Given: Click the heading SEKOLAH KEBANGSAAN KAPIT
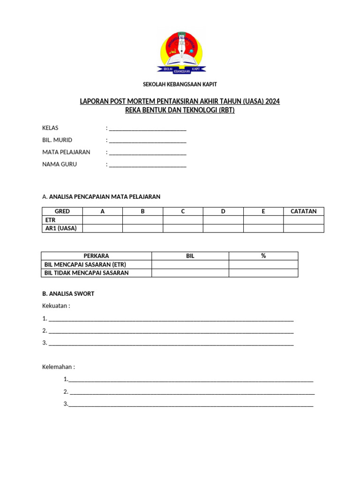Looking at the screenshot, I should [180, 84].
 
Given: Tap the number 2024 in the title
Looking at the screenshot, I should [272, 101].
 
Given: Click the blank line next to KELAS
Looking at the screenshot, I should [148, 128].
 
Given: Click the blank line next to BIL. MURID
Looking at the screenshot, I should [148, 140].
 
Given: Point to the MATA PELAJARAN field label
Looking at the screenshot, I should [66, 152].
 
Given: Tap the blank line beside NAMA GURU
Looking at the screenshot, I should [148, 165].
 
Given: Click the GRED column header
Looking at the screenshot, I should [62, 211].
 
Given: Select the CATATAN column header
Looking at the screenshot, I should [303, 211].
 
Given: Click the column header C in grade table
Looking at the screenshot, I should [183, 211].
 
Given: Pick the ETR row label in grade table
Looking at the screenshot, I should [50, 220].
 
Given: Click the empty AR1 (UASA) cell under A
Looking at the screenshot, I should [103, 228].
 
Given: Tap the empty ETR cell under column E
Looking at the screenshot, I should [263, 220].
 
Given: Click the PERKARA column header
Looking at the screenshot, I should [96, 256].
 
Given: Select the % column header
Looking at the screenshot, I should [263, 256].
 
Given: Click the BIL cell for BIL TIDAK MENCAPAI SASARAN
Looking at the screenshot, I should [190, 273].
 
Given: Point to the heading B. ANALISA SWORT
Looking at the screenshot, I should [68, 294].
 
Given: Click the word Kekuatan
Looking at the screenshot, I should [55, 306].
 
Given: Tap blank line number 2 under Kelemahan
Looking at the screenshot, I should [192, 392].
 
